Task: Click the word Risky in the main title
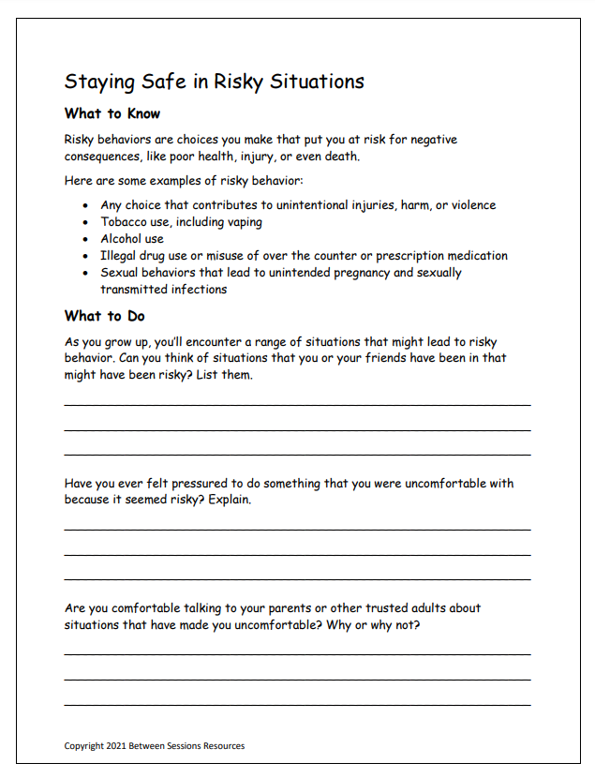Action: click(x=240, y=82)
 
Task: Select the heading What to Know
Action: click(x=112, y=113)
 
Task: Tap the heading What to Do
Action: click(x=104, y=316)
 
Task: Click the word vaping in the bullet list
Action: click(x=243, y=222)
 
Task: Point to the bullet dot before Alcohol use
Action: click(x=86, y=239)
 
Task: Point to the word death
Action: click(x=340, y=157)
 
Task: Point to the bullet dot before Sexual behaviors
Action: click(x=86, y=273)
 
